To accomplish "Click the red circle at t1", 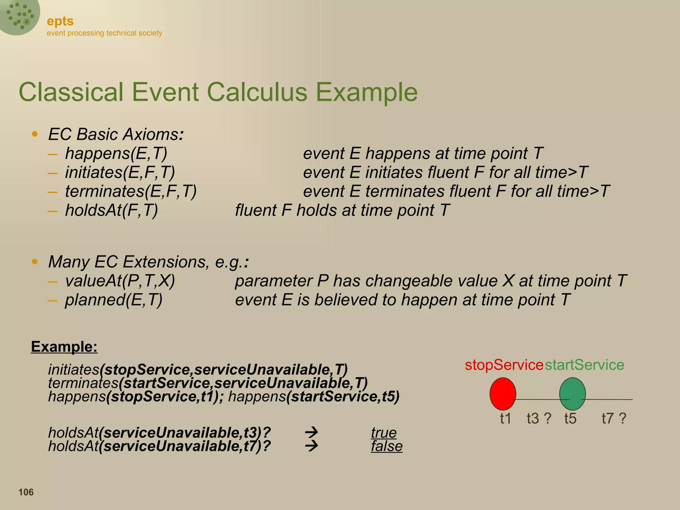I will [503, 394].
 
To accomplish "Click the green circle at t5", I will [572, 394].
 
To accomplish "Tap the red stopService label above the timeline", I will [504, 365].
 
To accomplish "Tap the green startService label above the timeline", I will [584, 365].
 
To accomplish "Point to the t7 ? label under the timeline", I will [614, 418].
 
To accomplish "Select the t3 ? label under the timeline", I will [539, 418].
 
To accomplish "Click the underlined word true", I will [383, 433].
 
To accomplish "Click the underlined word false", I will [386, 446].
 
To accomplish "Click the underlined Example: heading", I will [64, 347].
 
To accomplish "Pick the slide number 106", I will [26, 492].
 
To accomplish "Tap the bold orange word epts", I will [60, 21].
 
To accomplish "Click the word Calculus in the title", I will [257, 92].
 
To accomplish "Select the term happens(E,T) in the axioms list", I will [116, 153].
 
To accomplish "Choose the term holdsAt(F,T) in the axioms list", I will [111, 211].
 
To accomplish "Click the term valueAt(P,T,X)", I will [120, 281].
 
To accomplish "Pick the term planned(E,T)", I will [114, 300].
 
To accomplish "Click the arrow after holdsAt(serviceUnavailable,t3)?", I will [311, 433].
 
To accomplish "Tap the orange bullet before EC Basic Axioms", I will [35, 134].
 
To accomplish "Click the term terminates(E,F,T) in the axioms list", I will [131, 192].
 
